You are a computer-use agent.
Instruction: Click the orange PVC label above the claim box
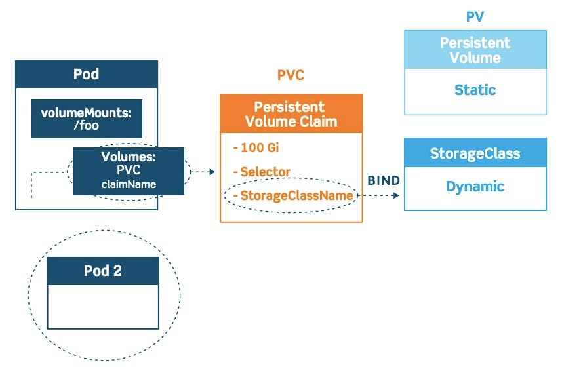[291, 75]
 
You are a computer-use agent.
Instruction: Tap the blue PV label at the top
[475, 16]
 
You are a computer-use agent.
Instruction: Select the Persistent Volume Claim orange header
[291, 114]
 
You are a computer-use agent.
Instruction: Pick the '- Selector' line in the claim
[261, 172]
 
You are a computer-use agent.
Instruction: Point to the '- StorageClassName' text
[292, 195]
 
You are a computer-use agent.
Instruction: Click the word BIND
[383, 180]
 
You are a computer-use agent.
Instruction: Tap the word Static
[475, 90]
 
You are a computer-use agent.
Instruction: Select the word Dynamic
[475, 186]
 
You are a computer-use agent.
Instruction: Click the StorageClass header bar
[475, 153]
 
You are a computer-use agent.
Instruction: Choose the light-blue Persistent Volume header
[475, 50]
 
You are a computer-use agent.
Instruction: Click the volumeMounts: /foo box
[87, 119]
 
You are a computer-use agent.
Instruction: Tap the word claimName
[129, 184]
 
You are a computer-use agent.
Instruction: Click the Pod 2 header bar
[103, 271]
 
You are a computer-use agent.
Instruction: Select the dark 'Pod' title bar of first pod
[87, 74]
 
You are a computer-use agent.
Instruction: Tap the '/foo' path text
[87, 125]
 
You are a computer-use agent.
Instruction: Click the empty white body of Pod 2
[103, 306]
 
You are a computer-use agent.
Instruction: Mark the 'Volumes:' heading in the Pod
[129, 158]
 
